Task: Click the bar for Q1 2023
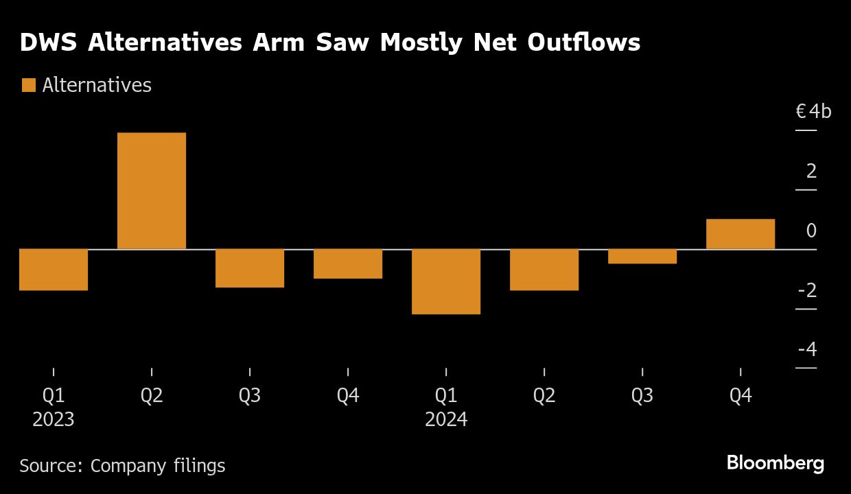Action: point(54,270)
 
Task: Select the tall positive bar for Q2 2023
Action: point(152,191)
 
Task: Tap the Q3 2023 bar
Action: point(250,268)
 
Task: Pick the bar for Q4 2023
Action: point(348,263)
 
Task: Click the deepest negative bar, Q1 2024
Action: point(446,281)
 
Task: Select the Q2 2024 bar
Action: point(544,270)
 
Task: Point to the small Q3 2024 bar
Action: point(642,256)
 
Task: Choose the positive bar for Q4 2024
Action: point(741,234)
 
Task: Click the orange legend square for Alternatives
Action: point(28,85)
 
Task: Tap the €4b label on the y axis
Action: point(813,111)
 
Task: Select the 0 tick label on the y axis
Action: point(812,231)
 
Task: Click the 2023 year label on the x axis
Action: point(54,419)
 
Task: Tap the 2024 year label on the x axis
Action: point(446,419)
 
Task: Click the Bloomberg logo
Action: point(776,463)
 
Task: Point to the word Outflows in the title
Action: point(583,43)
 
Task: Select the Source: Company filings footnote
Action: point(122,466)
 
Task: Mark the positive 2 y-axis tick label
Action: point(812,171)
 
